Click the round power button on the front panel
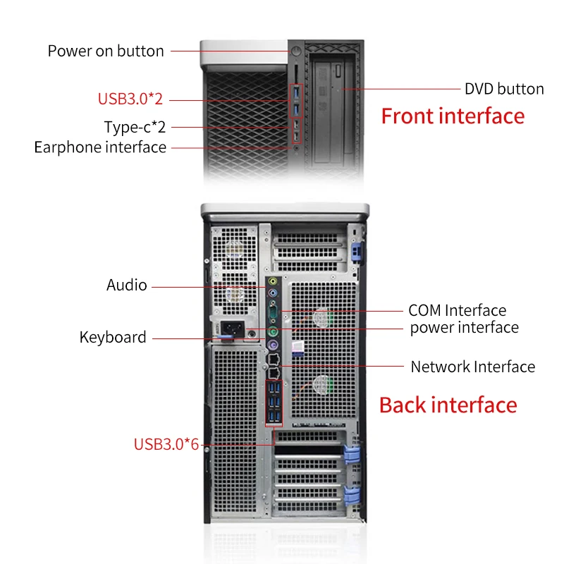coord(296,51)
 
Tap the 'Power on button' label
coord(106,51)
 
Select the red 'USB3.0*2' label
coord(130,99)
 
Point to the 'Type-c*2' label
coord(135,127)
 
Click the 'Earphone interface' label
coord(100,147)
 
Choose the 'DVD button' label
coord(504,89)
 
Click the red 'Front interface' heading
coord(453,116)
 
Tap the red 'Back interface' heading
coord(448,405)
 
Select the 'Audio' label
coord(127,285)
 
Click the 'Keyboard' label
coord(113,337)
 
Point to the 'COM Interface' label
coord(457,310)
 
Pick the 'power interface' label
coord(464,327)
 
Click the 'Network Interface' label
coord(472,367)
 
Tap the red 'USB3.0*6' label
coord(166,444)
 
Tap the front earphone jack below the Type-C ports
coord(296,147)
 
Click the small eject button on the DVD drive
coord(341,90)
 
